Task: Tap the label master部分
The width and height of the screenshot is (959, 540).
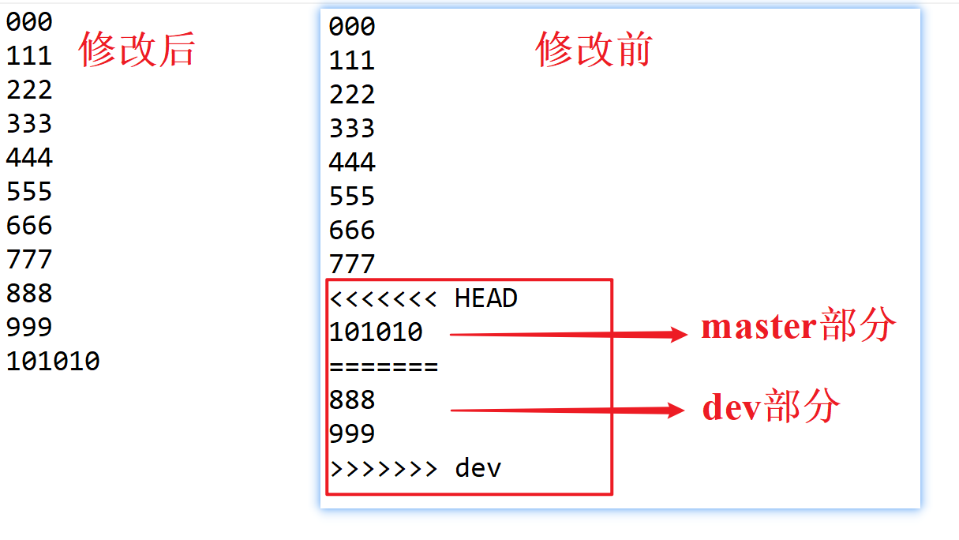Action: point(798,326)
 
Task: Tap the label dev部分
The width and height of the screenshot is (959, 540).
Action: point(771,407)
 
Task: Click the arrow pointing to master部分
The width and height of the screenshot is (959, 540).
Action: point(568,335)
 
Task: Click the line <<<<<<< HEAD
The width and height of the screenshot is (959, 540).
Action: point(423,298)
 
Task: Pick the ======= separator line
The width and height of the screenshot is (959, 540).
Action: point(384,366)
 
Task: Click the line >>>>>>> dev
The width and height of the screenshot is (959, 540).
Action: point(415,468)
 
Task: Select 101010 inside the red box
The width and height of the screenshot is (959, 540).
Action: point(376,332)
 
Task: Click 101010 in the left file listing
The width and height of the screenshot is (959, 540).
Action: point(53,362)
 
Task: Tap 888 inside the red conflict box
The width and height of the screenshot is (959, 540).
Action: point(352,400)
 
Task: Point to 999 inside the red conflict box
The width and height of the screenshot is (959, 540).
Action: point(352,434)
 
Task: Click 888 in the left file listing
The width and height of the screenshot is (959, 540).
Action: point(29,294)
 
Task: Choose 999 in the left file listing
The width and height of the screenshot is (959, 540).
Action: point(29,328)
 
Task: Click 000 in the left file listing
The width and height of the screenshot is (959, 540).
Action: point(29,22)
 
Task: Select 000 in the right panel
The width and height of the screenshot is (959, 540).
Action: point(352,27)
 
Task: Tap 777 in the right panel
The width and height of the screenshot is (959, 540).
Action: point(352,264)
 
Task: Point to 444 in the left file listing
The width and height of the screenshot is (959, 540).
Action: point(29,158)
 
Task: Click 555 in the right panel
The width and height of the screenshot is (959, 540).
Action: point(352,197)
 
